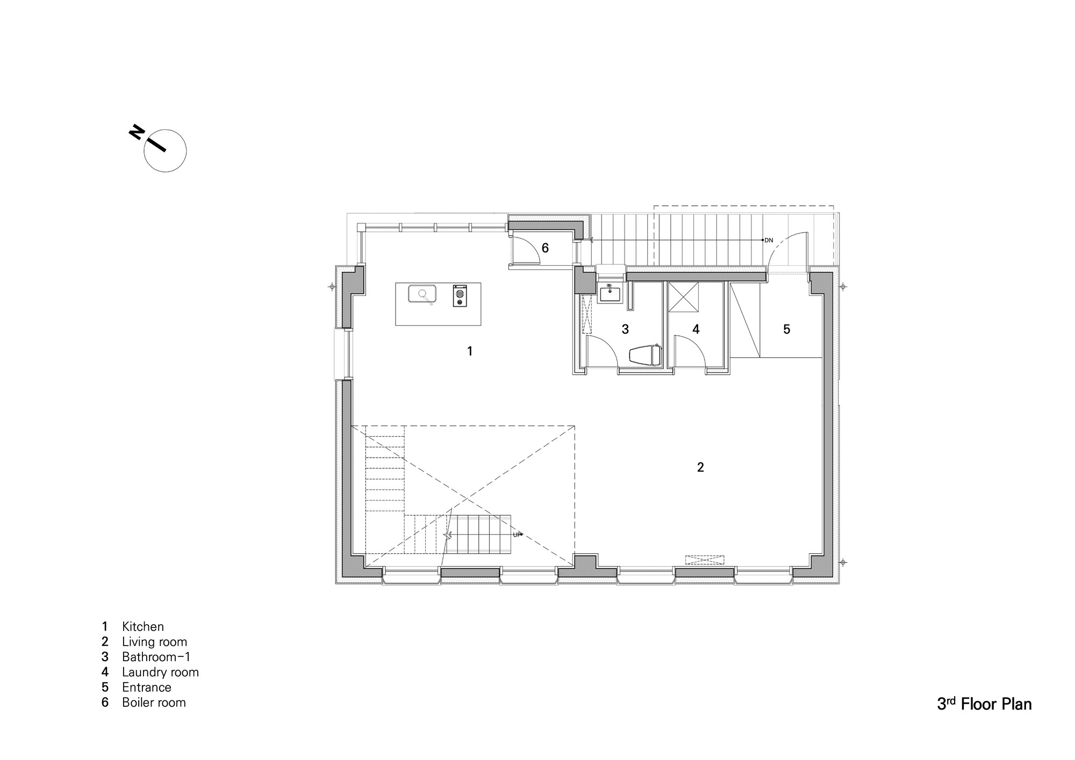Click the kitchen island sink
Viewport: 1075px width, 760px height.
coord(422,294)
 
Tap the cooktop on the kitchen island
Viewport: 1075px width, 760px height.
coord(460,295)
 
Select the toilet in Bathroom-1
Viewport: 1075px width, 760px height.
coord(645,356)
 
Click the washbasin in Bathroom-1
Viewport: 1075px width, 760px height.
coord(610,294)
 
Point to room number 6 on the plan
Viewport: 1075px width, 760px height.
coord(545,248)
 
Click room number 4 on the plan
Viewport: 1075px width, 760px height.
coord(696,329)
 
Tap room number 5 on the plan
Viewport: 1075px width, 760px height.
coord(786,329)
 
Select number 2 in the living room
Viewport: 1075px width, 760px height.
coord(700,467)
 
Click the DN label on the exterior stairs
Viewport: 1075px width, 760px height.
coord(769,240)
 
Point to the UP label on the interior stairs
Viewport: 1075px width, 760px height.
coord(517,534)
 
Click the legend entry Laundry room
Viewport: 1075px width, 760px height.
coord(160,672)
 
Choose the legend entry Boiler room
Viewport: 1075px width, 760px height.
coord(154,702)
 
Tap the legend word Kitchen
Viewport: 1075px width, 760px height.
coord(142,626)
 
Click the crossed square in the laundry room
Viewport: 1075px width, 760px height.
coord(683,296)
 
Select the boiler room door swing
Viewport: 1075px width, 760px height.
coord(527,250)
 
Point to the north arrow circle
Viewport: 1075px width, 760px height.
coord(166,151)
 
